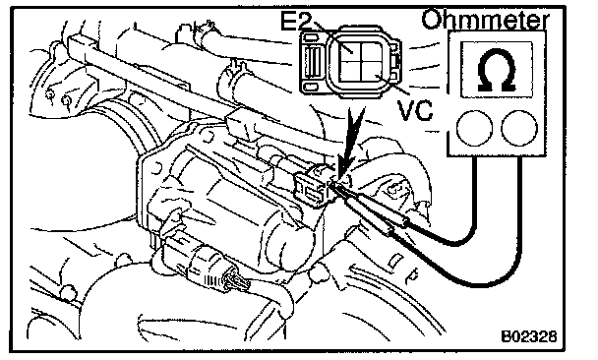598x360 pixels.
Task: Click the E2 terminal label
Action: (296, 22)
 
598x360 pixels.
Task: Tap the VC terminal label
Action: (415, 110)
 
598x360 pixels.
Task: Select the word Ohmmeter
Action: (486, 20)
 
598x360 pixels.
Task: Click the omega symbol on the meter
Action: (497, 70)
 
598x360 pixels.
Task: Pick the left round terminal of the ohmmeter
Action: (474, 128)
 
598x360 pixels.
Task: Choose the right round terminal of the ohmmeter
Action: (519, 128)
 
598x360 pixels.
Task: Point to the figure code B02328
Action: (528, 336)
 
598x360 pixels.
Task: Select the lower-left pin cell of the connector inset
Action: (349, 73)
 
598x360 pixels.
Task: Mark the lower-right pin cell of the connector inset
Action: (372, 73)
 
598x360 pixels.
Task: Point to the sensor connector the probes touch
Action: (311, 188)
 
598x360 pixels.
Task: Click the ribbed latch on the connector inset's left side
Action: (312, 62)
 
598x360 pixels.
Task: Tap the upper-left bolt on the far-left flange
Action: (49, 93)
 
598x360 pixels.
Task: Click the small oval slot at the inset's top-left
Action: (312, 37)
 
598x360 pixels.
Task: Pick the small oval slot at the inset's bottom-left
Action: (312, 87)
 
